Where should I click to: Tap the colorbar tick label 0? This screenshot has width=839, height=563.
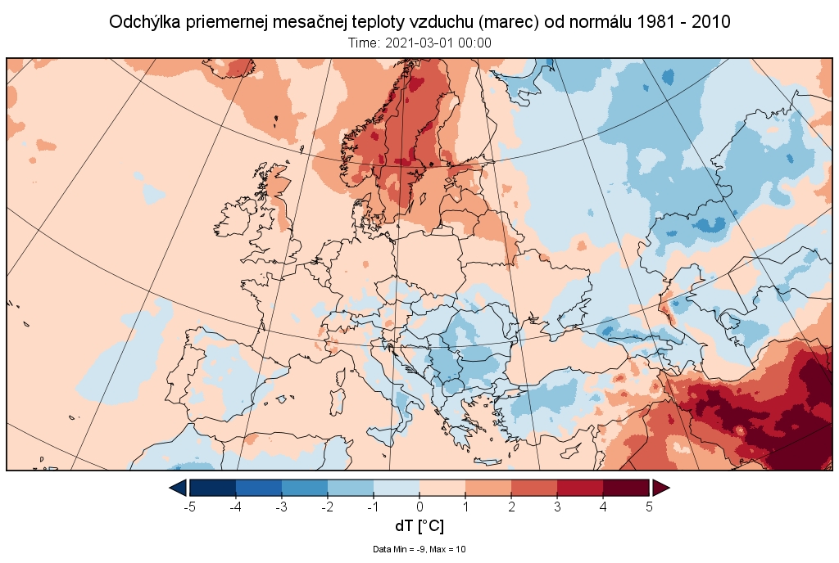pos(419,507)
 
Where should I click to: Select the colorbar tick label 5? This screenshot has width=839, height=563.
pos(649,507)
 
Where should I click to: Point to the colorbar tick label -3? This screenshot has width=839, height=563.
pos(281,507)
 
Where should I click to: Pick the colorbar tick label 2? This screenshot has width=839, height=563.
pos(511,507)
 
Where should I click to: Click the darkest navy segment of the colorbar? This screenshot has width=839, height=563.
pos(213,488)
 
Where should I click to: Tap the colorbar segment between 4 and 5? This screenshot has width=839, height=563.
pos(626,488)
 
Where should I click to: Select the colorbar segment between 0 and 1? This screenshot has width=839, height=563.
pos(442,488)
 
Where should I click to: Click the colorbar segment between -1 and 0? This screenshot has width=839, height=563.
pos(397,488)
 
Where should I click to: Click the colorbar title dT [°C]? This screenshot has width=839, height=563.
pos(419,526)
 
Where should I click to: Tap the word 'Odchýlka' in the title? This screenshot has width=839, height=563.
pos(144,22)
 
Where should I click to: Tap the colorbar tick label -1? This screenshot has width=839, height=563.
pos(373,507)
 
